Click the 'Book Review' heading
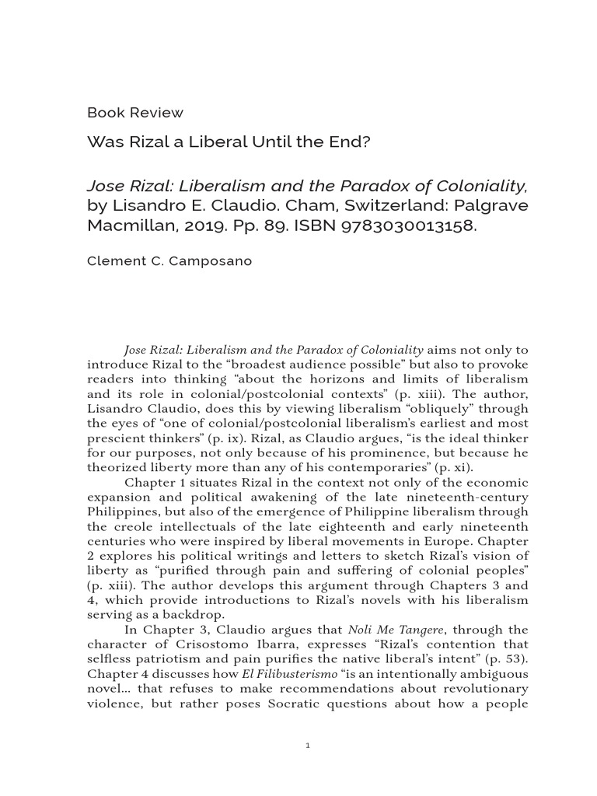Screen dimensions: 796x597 click(x=135, y=113)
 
